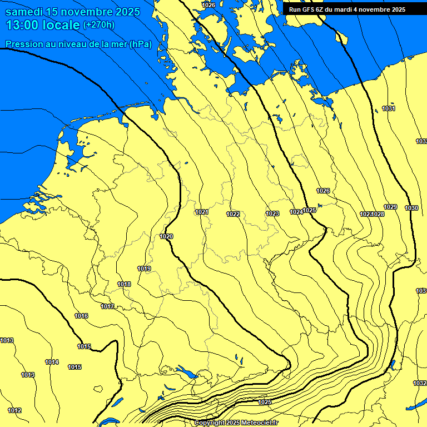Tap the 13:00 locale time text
click(x=42, y=25)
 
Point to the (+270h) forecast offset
click(x=98, y=25)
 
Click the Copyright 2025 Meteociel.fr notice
click(x=236, y=423)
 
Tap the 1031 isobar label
click(x=389, y=108)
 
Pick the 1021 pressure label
click(x=202, y=212)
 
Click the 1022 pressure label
click(x=233, y=214)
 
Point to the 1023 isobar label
click(x=272, y=213)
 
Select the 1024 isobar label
click(x=296, y=212)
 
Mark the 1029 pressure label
click(x=390, y=207)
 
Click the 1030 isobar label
click(x=411, y=208)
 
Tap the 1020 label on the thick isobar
click(x=166, y=236)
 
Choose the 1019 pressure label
click(x=144, y=269)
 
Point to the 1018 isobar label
click(x=124, y=284)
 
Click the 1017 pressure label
click(x=107, y=306)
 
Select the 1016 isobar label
click(x=81, y=316)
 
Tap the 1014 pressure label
click(x=52, y=362)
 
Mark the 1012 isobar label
click(x=14, y=410)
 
